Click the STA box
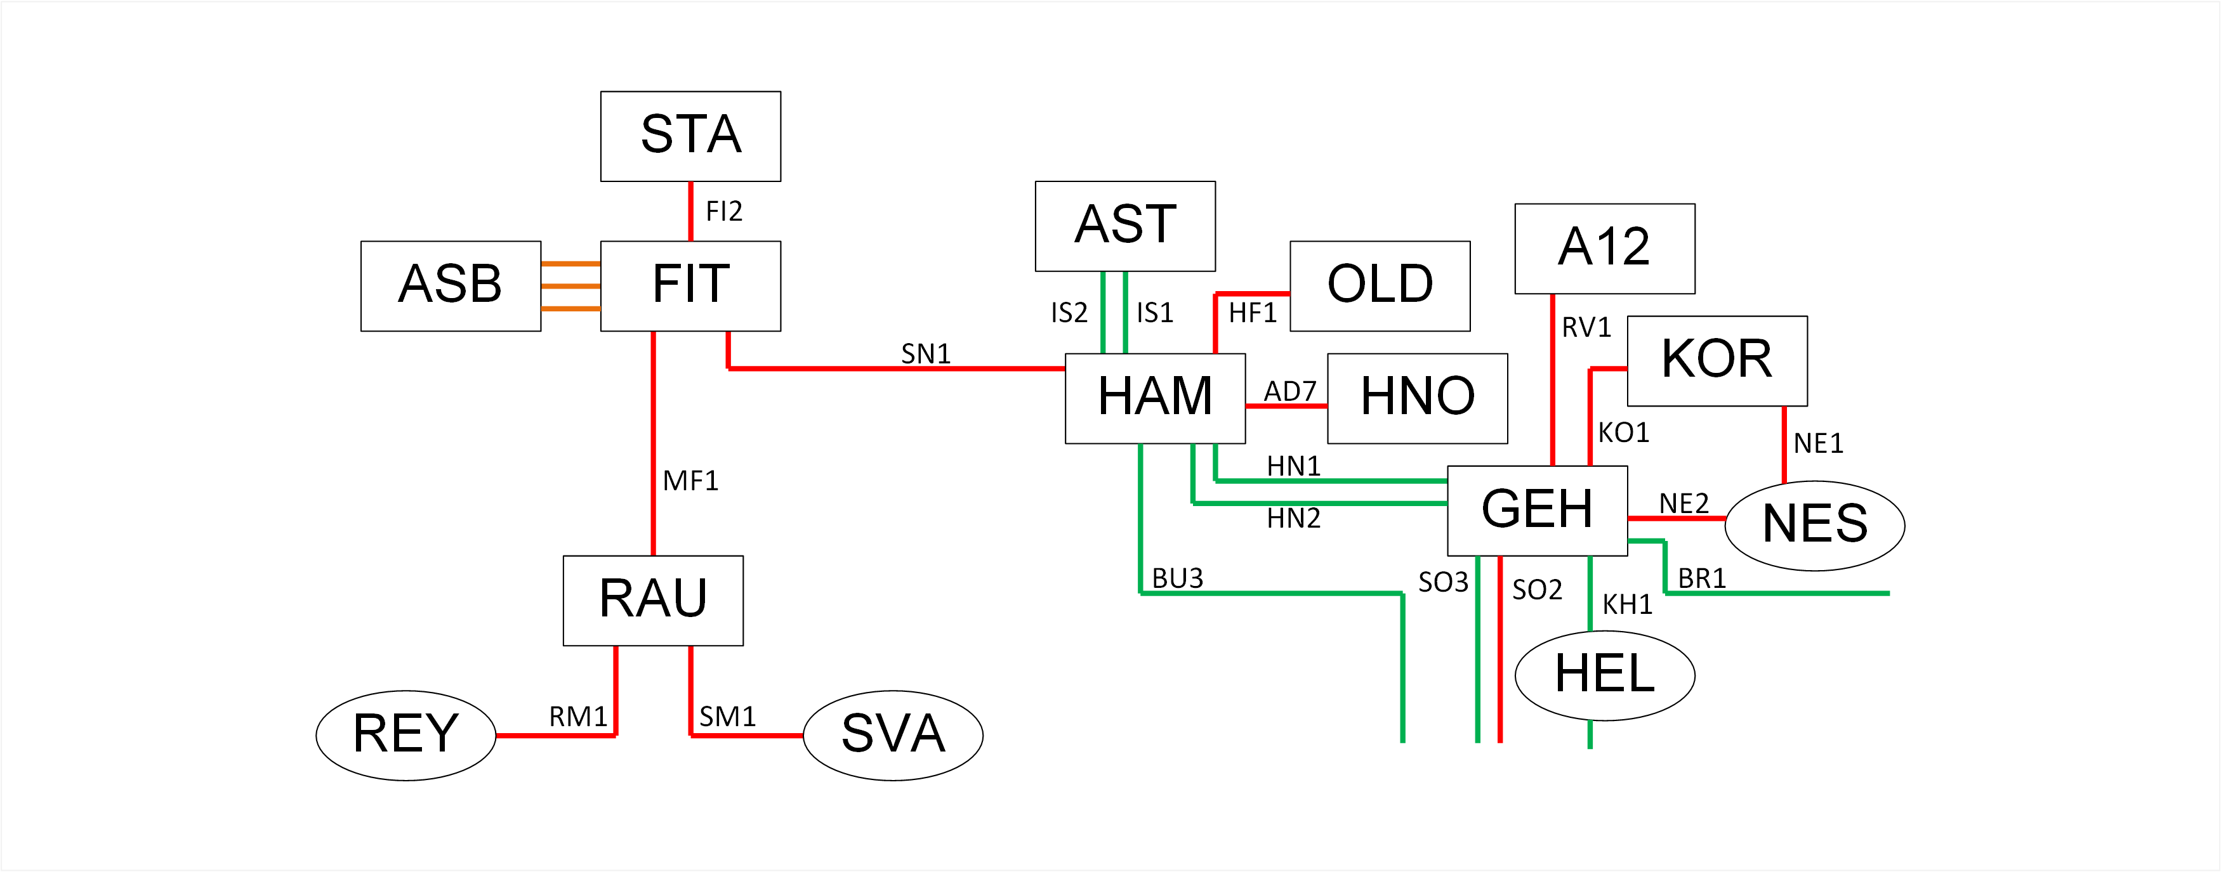tap(690, 136)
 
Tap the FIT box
tap(690, 286)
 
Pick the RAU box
tap(653, 601)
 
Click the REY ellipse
tap(406, 735)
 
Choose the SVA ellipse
tap(893, 735)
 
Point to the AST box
tap(1125, 226)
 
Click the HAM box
tap(1156, 398)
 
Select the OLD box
tap(1380, 286)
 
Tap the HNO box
tap(1418, 398)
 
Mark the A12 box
tap(1605, 248)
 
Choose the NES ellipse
tap(1815, 526)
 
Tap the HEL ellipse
tap(1605, 675)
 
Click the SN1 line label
tap(926, 353)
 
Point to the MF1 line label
tap(690, 481)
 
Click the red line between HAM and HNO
tap(1286, 406)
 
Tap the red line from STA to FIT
tap(690, 211)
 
